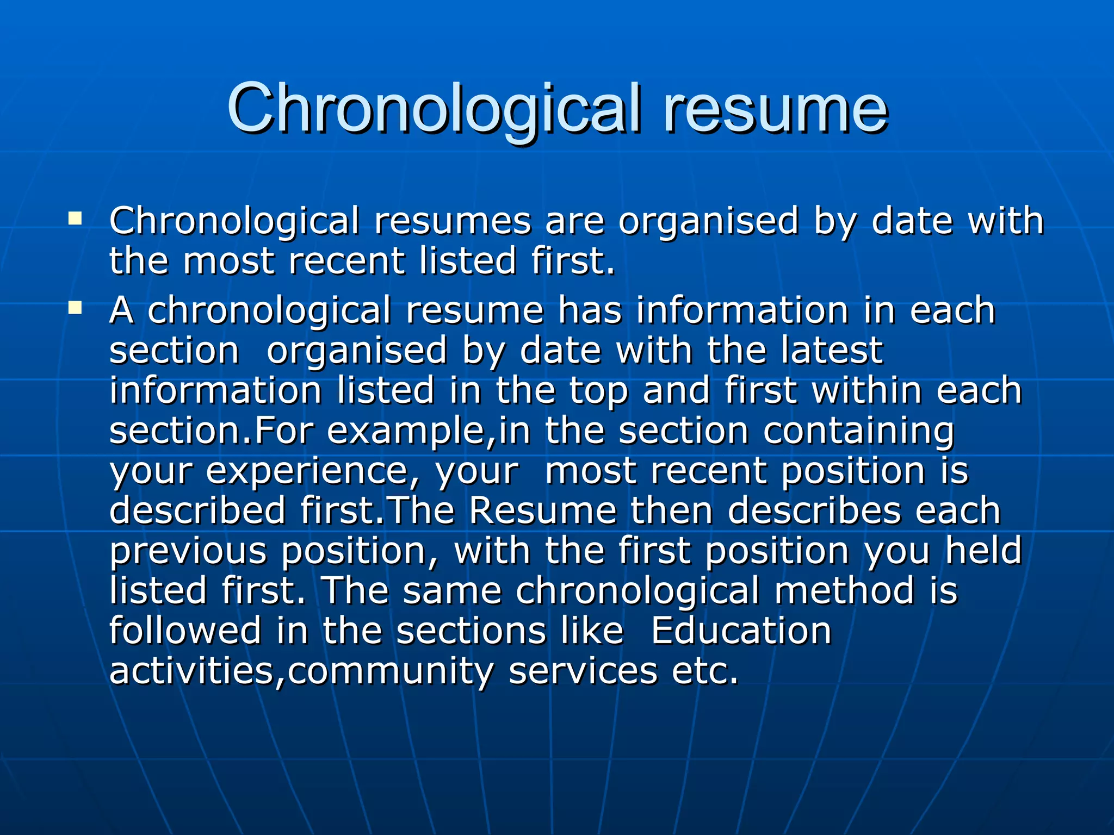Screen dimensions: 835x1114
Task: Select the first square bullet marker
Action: [75, 220]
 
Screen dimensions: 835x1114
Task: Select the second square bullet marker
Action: [75, 309]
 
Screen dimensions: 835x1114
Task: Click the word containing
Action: [858, 432]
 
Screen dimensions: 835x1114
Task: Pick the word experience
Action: [307, 471]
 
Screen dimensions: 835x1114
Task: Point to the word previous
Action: [188, 551]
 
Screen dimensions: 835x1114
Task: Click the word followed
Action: [185, 631]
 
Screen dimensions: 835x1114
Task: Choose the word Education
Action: [741, 631]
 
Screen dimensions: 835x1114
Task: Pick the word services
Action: [583, 671]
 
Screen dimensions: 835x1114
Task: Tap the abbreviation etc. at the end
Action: [705, 671]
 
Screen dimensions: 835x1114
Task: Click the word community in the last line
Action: [390, 672]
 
